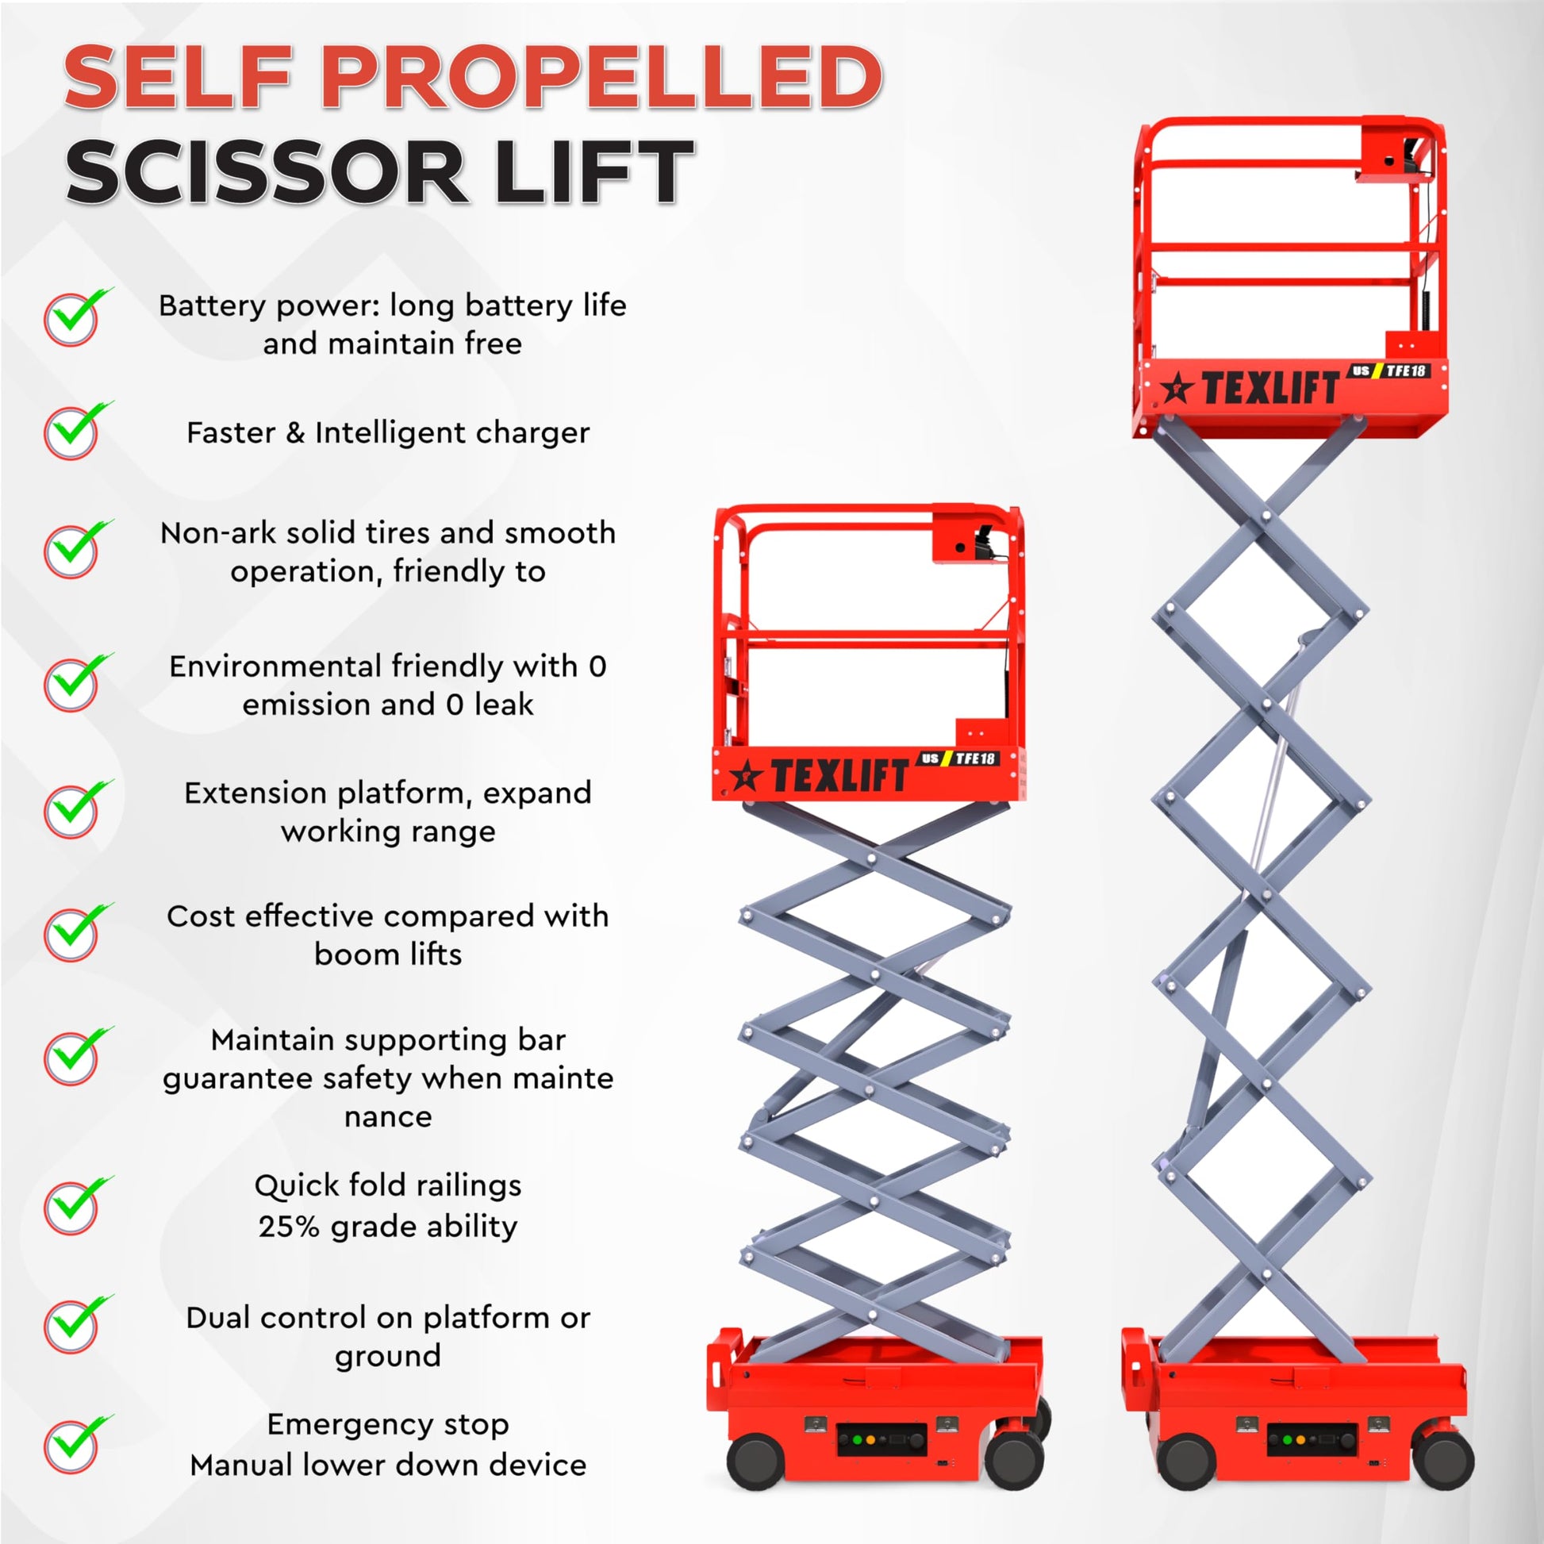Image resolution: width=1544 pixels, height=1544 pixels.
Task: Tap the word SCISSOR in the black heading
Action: (x=267, y=172)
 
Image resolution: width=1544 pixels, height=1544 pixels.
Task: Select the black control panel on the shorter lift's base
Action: (x=881, y=1439)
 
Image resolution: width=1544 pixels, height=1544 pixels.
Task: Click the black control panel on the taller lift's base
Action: (x=1312, y=1439)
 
